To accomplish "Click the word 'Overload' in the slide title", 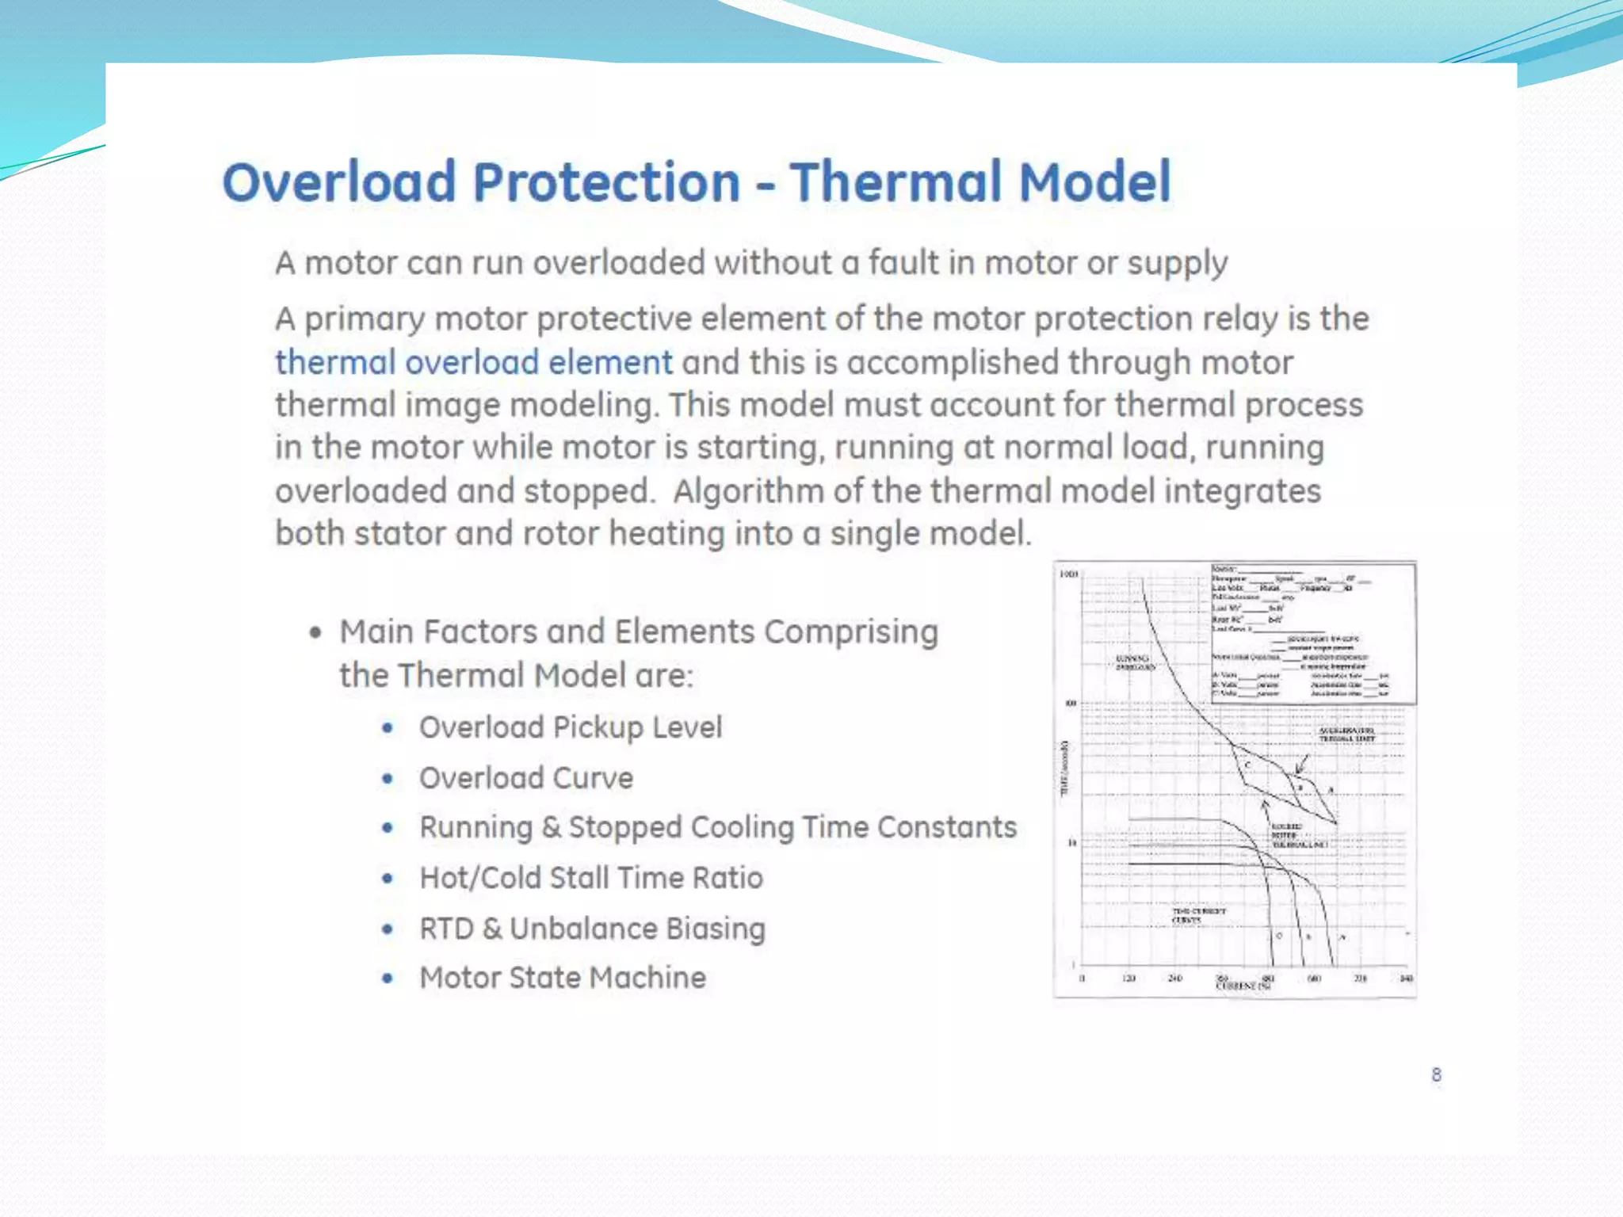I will tap(339, 182).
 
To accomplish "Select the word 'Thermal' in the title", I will tap(896, 182).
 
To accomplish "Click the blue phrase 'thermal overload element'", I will tap(474, 363).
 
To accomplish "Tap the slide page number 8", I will tap(1436, 1075).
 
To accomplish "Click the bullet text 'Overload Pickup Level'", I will tap(571, 727).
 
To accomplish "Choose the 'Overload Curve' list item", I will tap(526, 778).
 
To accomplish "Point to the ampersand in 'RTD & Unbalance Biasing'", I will tap(492, 929).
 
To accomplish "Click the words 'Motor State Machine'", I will tap(563, 978).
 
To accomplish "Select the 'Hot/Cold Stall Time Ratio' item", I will tap(591, 878).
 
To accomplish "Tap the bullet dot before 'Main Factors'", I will tap(316, 632).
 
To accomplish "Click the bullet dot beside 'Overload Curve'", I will tap(388, 778).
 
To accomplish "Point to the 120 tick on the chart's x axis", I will tap(1129, 979).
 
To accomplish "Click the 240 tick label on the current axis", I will tap(1175, 979).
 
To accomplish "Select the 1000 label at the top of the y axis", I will tap(1068, 574).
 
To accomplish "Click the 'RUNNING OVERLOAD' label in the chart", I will tap(1134, 662).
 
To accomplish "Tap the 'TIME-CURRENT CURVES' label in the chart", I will tap(1197, 915).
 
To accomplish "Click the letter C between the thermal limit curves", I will tap(1247, 765).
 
